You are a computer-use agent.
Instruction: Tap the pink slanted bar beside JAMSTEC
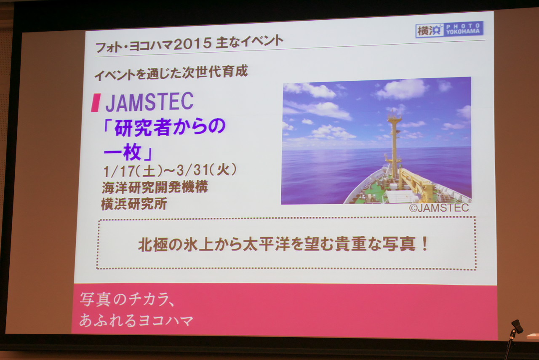96,103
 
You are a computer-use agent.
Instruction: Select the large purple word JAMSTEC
149,102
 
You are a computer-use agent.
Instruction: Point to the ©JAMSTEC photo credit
439,208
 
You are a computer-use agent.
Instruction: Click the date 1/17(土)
133,171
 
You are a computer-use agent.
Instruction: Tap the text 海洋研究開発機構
155,187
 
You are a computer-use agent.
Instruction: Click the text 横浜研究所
134,204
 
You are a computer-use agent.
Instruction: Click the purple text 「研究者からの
164,127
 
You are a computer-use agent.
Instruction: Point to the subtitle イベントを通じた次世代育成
171,73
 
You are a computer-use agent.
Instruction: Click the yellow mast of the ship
394,144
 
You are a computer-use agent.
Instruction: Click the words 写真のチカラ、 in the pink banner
127,300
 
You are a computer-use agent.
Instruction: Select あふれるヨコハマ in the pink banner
136,320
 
